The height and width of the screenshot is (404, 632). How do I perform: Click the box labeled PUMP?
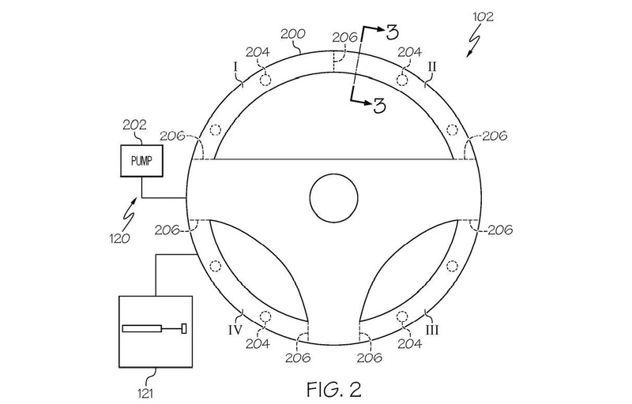click(142, 160)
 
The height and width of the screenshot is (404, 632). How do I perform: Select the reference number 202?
click(134, 125)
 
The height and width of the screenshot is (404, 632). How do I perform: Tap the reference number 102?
click(483, 17)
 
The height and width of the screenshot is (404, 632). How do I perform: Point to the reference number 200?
click(293, 34)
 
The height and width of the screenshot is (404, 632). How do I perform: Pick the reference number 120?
click(120, 238)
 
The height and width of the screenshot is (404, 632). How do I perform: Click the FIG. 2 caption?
click(334, 389)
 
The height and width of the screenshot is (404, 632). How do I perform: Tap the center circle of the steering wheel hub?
click(334, 197)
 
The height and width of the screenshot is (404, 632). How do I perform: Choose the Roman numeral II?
click(432, 66)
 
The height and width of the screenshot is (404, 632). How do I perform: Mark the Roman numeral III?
click(432, 331)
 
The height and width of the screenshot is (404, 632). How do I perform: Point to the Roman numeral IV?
click(235, 331)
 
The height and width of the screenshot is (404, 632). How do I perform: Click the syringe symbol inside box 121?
click(155, 329)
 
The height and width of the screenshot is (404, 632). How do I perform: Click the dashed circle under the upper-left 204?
click(265, 80)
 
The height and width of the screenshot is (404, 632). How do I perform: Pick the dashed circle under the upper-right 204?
click(402, 80)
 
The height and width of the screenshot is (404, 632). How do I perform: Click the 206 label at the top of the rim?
click(345, 37)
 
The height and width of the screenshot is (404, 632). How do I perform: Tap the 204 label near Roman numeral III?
click(410, 344)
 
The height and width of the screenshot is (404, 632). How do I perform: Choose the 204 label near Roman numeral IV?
click(258, 344)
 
